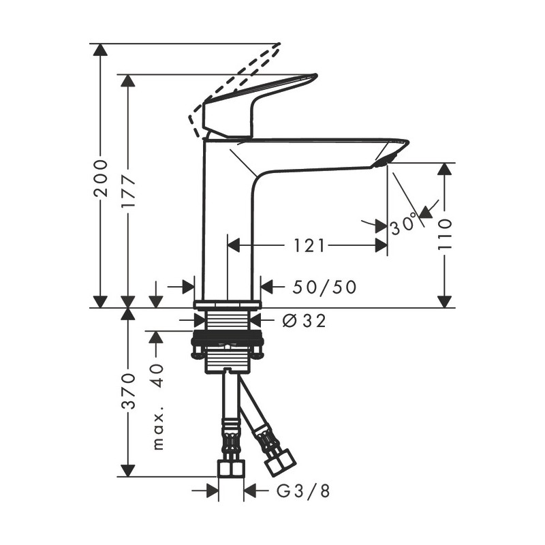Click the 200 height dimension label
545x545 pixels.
(101, 178)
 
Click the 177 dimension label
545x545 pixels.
(128, 191)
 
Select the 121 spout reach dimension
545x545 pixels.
(309, 245)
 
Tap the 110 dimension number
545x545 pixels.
(445, 234)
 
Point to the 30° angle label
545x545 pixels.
(403, 225)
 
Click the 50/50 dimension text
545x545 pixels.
(325, 287)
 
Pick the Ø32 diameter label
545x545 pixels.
(305, 320)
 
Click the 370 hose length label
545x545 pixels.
(129, 390)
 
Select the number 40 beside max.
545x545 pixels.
(157, 375)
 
